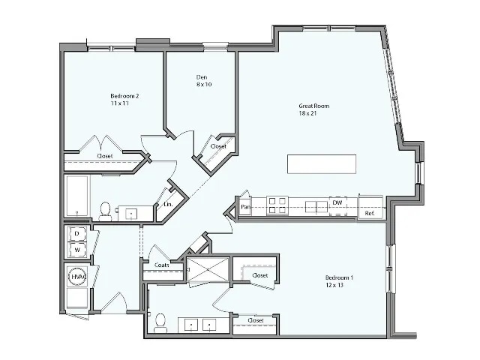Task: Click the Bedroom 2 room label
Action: click(125, 95)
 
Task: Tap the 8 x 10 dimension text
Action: click(203, 85)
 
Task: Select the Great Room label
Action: click(313, 106)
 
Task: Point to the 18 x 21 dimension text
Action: click(313, 114)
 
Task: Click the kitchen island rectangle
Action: click(321, 164)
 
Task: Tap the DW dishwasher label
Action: click(338, 202)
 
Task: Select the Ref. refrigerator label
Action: click(369, 214)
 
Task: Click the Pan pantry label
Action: click(245, 207)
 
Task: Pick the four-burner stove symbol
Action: click(277, 205)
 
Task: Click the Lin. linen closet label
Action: click(168, 204)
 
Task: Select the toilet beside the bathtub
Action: click(106, 210)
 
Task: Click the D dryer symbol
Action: click(76, 234)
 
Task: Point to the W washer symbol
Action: click(76, 248)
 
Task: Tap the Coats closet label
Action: click(161, 265)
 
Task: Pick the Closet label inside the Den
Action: click(218, 146)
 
